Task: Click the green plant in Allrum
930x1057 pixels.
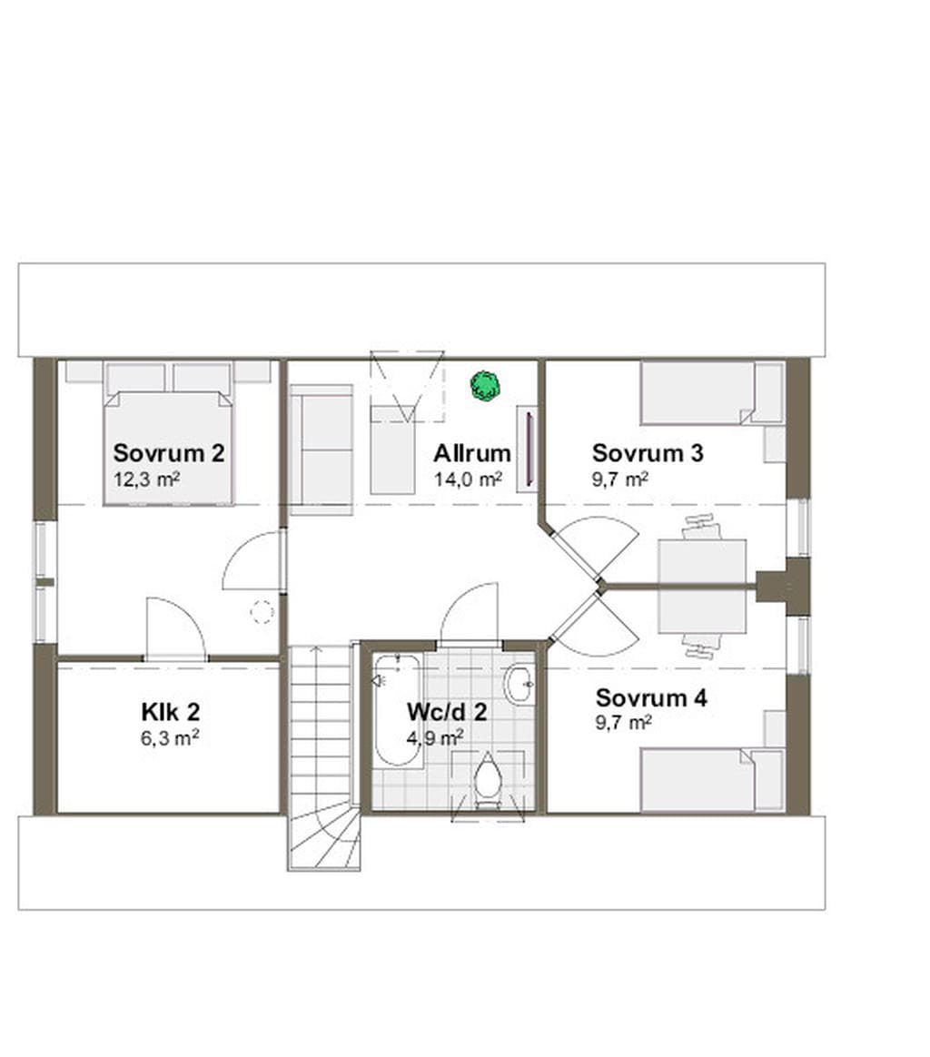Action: pos(485,386)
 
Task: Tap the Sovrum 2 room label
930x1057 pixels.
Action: pos(169,453)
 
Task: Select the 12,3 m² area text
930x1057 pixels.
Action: pos(146,480)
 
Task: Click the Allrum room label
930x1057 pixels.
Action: pos(472,453)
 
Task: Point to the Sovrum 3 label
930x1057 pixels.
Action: pos(648,453)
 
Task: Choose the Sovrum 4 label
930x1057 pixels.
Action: pos(651,697)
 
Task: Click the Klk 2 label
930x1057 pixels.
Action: pos(171,712)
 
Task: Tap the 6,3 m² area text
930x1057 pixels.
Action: pos(169,738)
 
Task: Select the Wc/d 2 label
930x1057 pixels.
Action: pos(447,712)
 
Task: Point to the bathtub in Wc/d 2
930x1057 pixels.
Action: pos(397,710)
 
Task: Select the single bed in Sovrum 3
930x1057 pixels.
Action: pos(712,394)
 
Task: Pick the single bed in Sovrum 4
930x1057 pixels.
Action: pos(712,779)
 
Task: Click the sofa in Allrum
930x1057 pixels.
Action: pos(321,449)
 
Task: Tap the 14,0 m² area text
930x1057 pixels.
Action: pos(468,480)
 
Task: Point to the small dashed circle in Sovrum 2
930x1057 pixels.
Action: pos(262,611)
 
